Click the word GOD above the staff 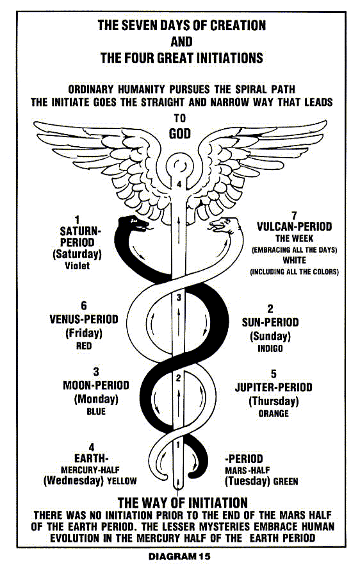(x=180, y=134)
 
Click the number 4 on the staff (x=179, y=185)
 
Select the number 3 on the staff (x=179, y=297)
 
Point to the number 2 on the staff (x=178, y=378)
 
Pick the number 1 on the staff (x=178, y=444)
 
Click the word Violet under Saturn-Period (x=77, y=265)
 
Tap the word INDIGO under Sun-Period (x=270, y=349)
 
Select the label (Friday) (x=84, y=333)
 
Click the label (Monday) (x=96, y=399)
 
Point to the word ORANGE (x=274, y=413)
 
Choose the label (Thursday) (x=274, y=401)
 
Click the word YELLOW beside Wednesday (x=122, y=481)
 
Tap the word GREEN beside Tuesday (x=286, y=481)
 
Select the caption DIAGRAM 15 (x=179, y=556)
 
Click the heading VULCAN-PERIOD (x=294, y=227)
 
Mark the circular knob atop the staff (x=179, y=166)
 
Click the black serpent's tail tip (x=191, y=474)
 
